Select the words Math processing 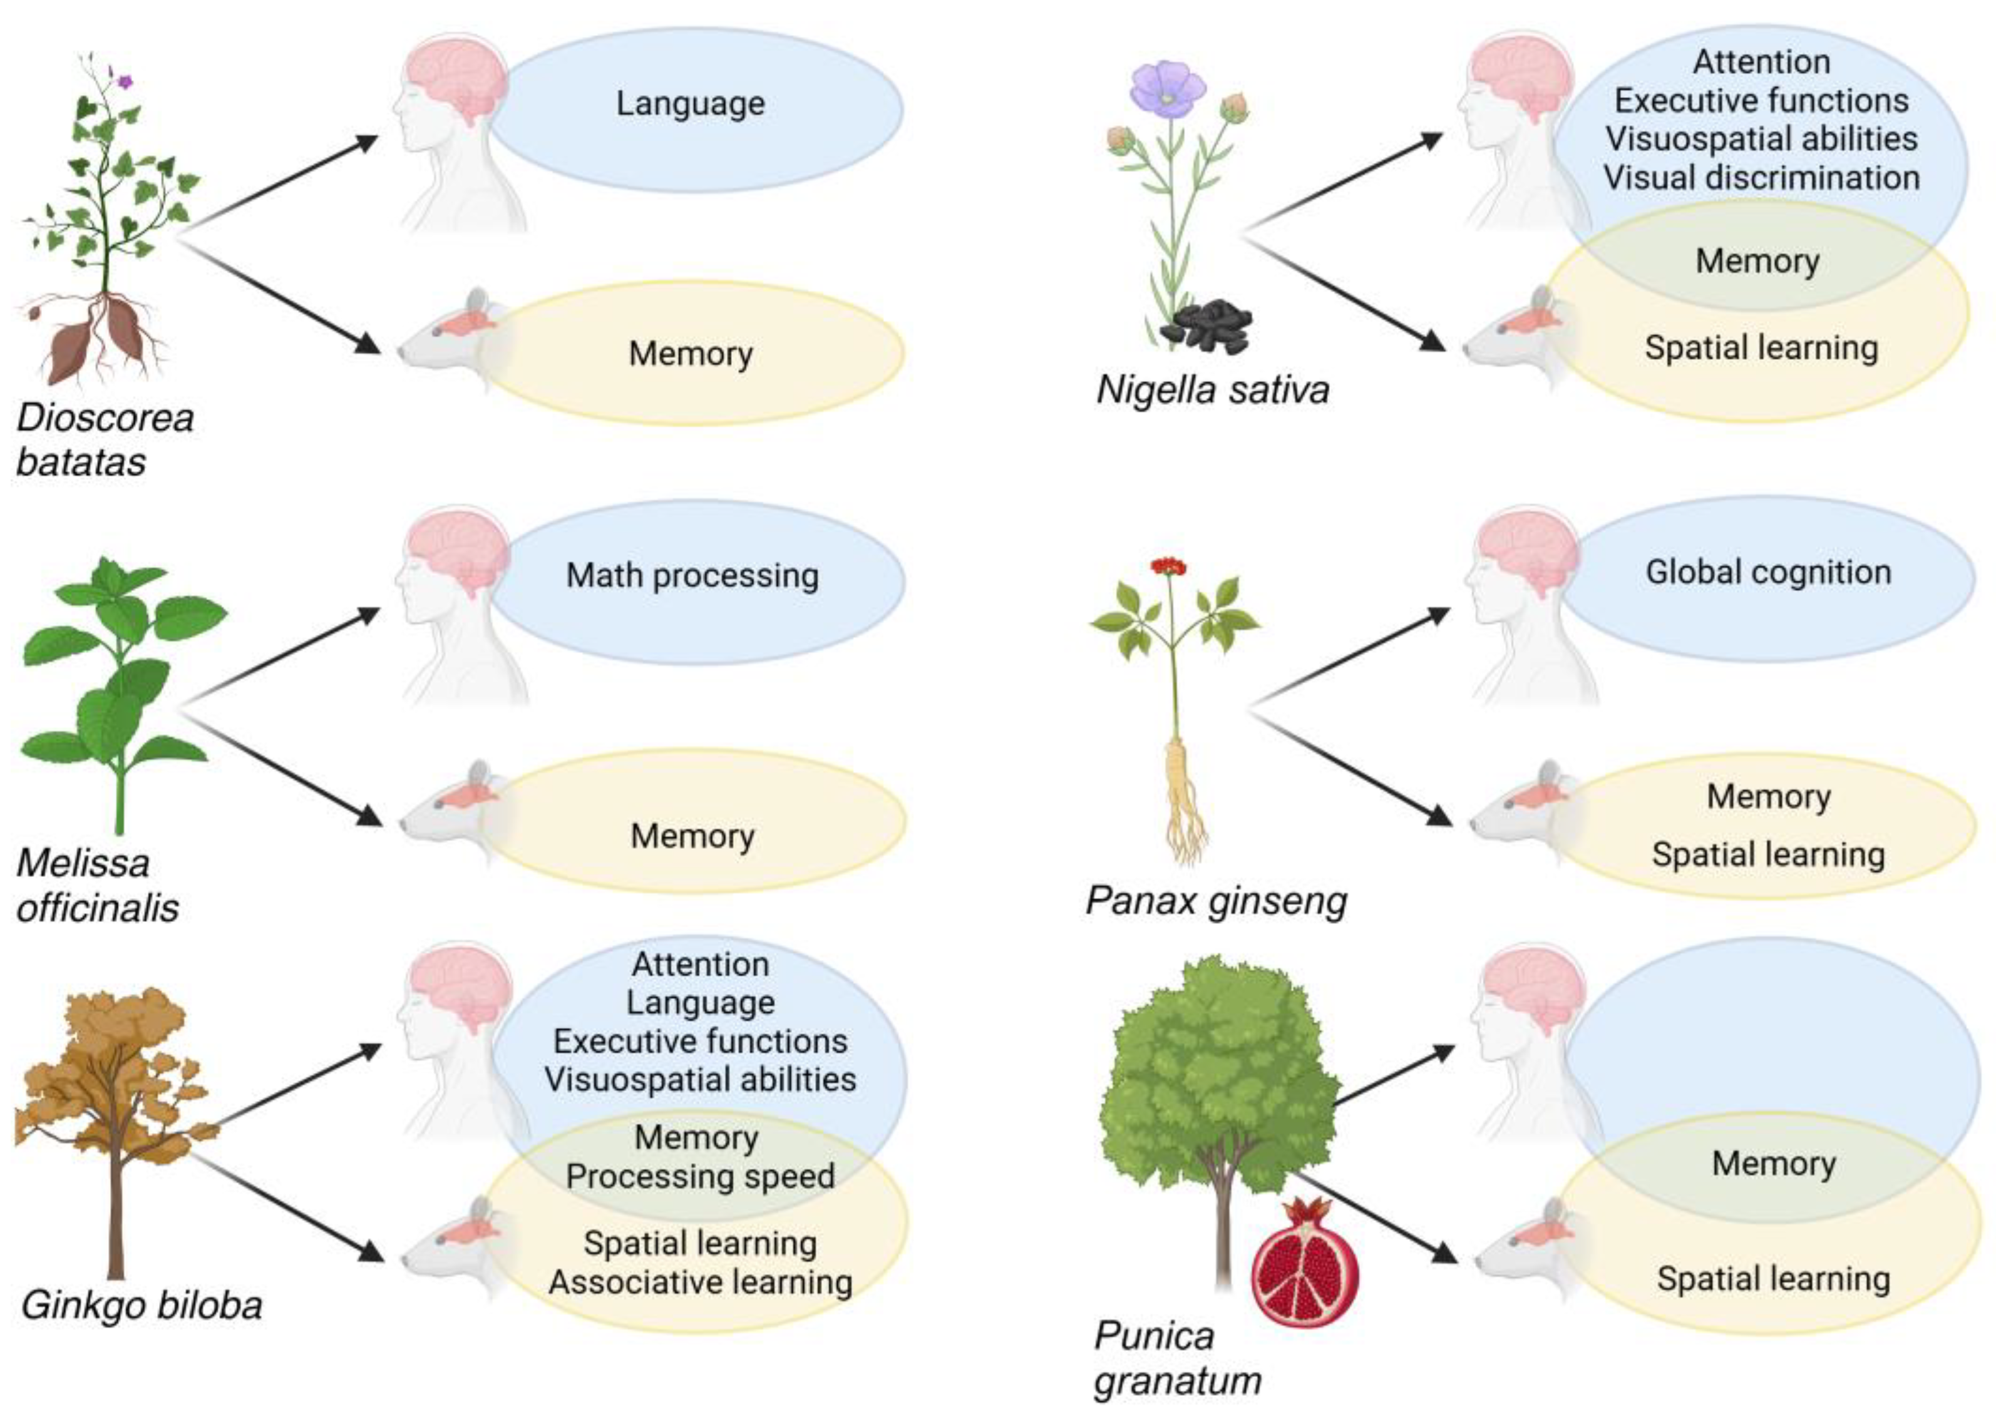[692, 575]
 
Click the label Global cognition [1768, 572]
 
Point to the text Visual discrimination [1761, 178]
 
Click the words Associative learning [700, 1282]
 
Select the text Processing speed [700, 1176]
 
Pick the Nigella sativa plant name [1212, 389]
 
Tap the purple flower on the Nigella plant [1167, 89]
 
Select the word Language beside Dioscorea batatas [691, 104]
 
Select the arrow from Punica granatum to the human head [1393, 1077]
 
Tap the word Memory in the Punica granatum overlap [1773, 1163]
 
